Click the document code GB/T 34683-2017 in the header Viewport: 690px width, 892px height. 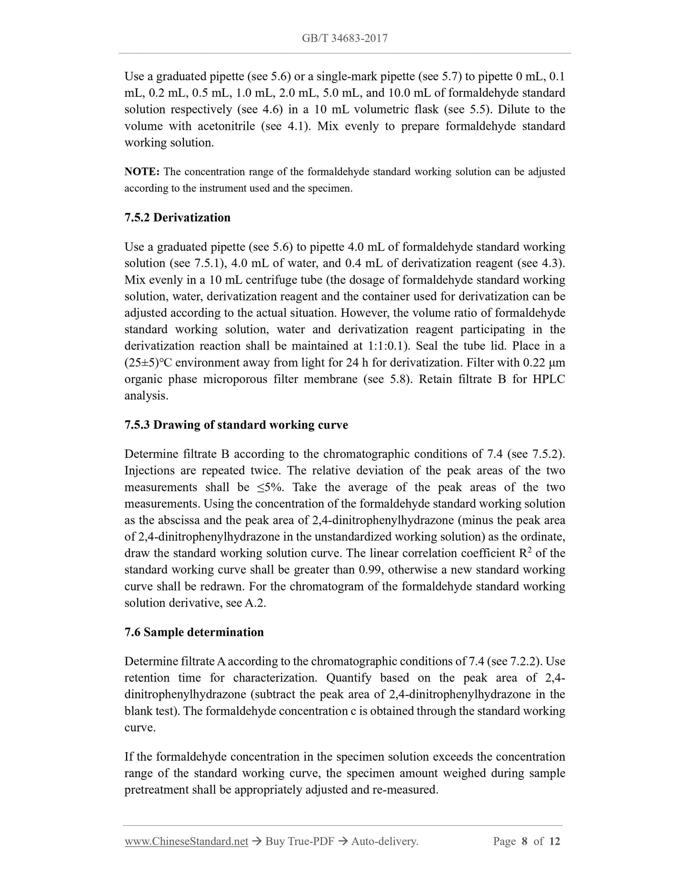pyautogui.click(x=344, y=38)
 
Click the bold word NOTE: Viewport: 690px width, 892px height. pyautogui.click(x=142, y=172)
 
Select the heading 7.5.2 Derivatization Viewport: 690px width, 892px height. pyautogui.click(x=177, y=218)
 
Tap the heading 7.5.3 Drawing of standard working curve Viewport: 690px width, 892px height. pyautogui.click(x=236, y=425)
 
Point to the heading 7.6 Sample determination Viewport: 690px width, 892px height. pyautogui.click(x=194, y=632)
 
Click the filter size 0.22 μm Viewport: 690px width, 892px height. pyautogui.click(x=544, y=363)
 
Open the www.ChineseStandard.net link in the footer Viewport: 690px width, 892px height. pyautogui.click(x=186, y=841)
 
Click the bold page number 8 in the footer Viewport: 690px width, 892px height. pyautogui.click(x=524, y=841)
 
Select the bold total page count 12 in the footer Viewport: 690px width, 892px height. pyautogui.click(x=554, y=841)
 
